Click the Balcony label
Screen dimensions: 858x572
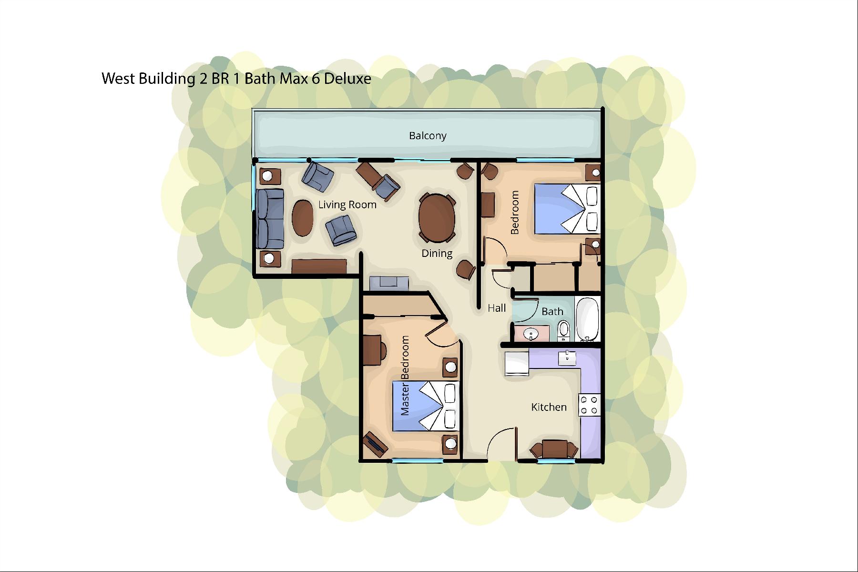click(428, 136)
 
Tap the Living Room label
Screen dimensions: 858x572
click(347, 205)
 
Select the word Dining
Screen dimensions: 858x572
click(437, 254)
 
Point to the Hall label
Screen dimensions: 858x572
click(496, 308)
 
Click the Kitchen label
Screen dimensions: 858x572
click(549, 407)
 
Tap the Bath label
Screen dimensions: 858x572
click(552, 312)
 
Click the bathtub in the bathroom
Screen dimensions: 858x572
click(587, 319)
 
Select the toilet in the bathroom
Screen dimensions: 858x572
click(563, 331)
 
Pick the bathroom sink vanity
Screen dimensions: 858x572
click(531, 333)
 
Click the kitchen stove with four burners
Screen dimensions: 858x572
click(589, 405)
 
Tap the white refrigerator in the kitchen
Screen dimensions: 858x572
click(517, 364)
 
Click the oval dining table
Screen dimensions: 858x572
click(437, 218)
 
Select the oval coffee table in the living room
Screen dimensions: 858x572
click(303, 218)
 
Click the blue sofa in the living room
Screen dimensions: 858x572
click(270, 219)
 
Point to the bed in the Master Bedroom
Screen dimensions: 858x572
click(426, 406)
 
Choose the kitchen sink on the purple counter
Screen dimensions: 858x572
click(567, 358)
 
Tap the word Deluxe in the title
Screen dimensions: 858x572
click(347, 79)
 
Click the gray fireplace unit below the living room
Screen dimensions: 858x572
click(389, 283)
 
